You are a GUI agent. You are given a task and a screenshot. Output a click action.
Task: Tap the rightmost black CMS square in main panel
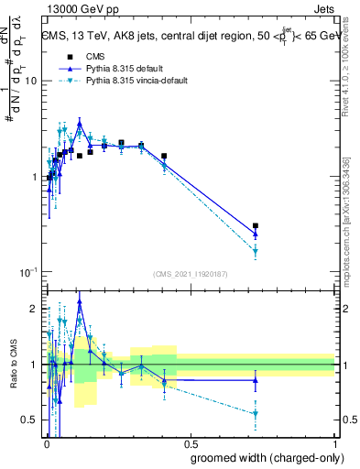click(256, 225)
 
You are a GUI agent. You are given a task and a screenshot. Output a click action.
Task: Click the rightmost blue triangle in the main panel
click(256, 234)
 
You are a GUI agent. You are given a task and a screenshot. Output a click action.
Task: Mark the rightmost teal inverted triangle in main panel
click(256, 251)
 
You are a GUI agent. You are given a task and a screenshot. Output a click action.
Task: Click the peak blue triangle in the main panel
click(80, 122)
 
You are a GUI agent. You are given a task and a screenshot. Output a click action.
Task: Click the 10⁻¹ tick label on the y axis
click(28, 272)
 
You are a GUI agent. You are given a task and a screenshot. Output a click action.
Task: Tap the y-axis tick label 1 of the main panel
click(35, 177)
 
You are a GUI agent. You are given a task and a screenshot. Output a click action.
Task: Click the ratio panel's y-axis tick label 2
click(35, 309)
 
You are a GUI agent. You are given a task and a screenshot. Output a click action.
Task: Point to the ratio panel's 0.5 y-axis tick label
click(30, 420)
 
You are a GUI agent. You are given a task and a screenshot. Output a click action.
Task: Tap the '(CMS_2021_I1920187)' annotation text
click(191, 273)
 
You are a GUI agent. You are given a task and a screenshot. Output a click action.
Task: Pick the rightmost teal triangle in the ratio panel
click(256, 414)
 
